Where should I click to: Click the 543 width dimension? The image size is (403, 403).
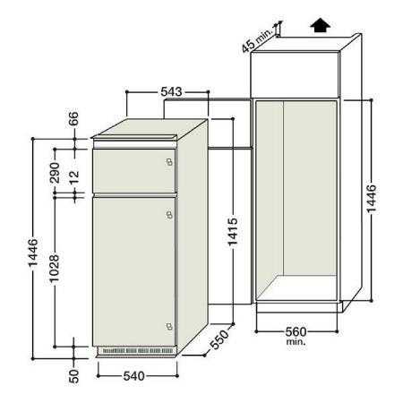(171, 91)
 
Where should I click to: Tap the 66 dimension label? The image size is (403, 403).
(73, 118)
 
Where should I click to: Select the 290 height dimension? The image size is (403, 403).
(55, 173)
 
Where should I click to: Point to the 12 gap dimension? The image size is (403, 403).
(73, 177)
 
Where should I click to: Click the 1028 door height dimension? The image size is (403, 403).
(55, 269)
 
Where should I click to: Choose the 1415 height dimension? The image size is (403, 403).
(233, 232)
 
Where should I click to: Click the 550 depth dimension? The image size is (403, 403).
(219, 339)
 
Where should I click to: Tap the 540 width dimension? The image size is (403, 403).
(134, 376)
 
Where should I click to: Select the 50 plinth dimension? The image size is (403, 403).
(73, 376)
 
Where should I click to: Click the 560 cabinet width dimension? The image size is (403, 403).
(296, 331)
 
